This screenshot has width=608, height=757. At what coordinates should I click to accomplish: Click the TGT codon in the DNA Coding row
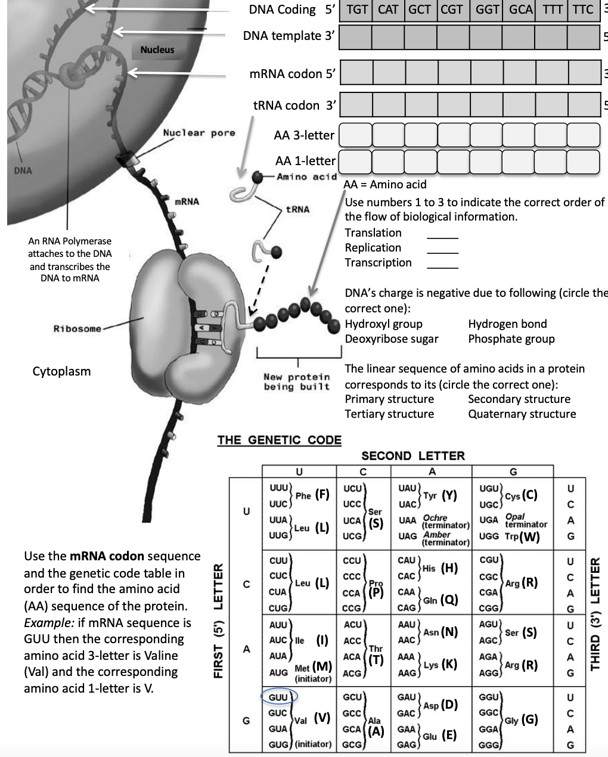pyautogui.click(x=357, y=10)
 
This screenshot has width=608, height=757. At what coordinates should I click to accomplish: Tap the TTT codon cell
pyautogui.click(x=551, y=10)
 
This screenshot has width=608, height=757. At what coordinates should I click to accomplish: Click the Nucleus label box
pyautogui.click(x=157, y=50)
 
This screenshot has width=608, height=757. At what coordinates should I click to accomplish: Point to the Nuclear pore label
pyautogui.click(x=199, y=133)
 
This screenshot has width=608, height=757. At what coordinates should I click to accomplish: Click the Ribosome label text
pyautogui.click(x=77, y=328)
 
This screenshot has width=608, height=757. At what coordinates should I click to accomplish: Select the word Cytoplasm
pyautogui.click(x=61, y=371)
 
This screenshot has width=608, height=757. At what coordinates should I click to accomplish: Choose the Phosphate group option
pyautogui.click(x=511, y=339)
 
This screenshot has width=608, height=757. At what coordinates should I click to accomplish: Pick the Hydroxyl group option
pyautogui.click(x=383, y=324)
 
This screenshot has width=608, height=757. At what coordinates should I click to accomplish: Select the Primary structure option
pyautogui.click(x=389, y=399)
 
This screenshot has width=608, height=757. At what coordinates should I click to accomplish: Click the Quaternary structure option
pyautogui.click(x=522, y=414)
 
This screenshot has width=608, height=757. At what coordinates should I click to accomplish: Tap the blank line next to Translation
pyautogui.click(x=442, y=237)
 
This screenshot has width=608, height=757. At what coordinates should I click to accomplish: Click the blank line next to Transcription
pyautogui.click(x=442, y=266)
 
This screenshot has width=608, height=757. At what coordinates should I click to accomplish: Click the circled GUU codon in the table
pyautogui.click(x=278, y=697)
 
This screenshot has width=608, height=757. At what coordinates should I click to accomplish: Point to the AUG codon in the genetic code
pyautogui.click(x=278, y=672)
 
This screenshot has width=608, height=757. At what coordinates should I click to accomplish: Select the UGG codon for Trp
pyautogui.click(x=489, y=536)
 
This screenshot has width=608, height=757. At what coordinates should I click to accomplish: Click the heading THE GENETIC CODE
pyautogui.click(x=279, y=440)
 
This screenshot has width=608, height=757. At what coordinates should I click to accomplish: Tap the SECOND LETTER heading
pyautogui.click(x=412, y=456)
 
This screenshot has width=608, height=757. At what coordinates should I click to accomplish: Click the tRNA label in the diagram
pyautogui.click(x=297, y=209)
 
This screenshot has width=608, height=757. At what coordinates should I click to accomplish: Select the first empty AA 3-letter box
pyautogui.click(x=355, y=135)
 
